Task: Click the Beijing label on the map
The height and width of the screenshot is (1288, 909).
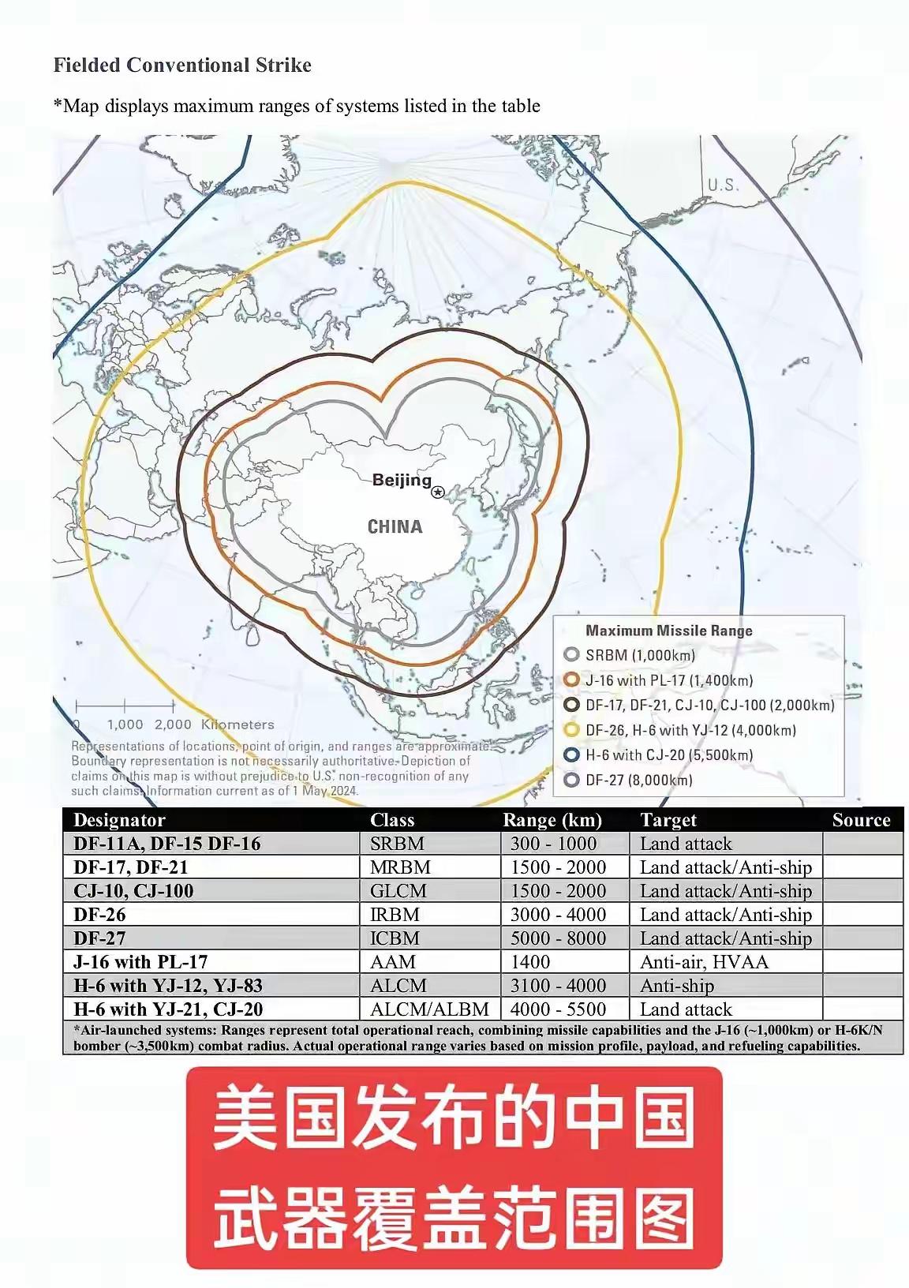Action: point(402,480)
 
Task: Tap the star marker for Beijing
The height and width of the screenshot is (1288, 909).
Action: point(439,492)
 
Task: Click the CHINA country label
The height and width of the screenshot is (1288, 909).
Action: point(395,526)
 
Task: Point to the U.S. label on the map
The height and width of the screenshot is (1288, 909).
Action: point(723,185)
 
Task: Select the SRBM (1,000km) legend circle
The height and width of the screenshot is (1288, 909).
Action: point(572,655)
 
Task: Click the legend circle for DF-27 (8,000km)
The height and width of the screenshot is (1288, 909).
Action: point(572,780)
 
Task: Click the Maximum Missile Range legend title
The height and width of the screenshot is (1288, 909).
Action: point(669,631)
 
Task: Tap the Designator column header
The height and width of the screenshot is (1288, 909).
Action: point(119,820)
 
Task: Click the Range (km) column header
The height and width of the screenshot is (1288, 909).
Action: point(552,820)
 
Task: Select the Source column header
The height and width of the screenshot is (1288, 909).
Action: point(861,820)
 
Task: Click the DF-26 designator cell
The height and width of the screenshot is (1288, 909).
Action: point(99,915)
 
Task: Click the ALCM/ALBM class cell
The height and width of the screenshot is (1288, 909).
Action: point(429,1009)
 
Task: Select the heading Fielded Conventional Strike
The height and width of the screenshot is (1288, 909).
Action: point(182,65)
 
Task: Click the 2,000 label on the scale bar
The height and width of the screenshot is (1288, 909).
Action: point(173,724)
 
